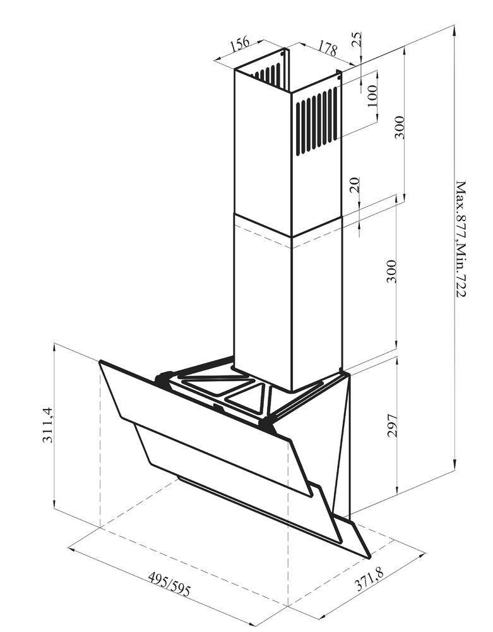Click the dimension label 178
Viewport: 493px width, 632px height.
pos(328,48)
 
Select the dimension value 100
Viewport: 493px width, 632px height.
pos(372,95)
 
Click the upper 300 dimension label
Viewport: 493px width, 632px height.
pos(398,128)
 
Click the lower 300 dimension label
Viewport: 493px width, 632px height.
pos(391,272)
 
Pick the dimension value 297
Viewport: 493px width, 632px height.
pos(392,425)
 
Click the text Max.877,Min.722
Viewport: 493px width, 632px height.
pos(460,239)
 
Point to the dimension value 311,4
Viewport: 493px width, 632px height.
pos(47,425)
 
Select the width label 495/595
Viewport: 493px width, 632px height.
pos(169,585)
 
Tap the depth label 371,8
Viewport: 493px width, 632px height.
pos(369,579)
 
